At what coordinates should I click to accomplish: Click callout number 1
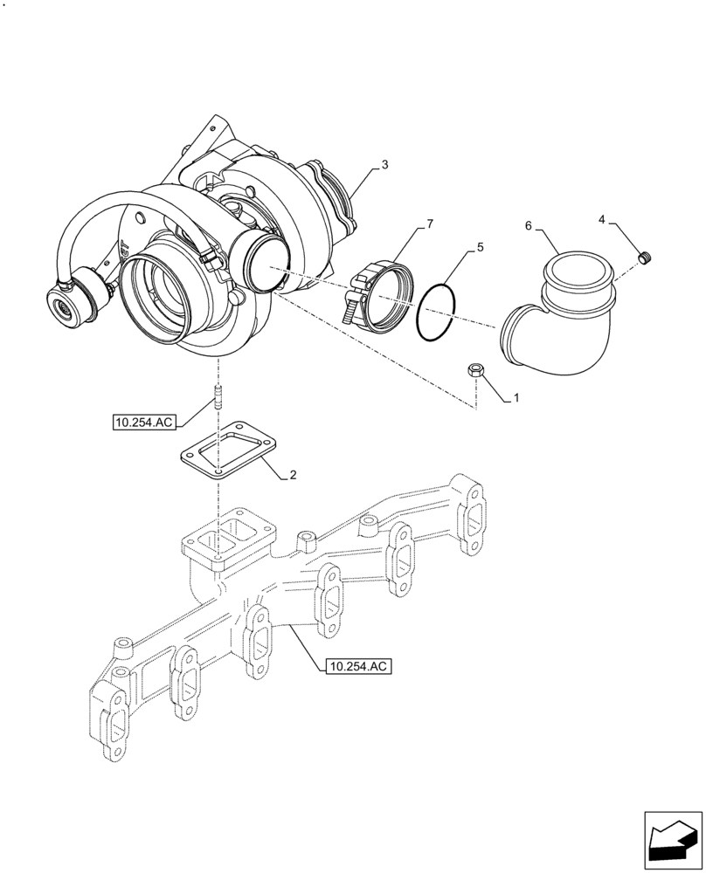tap(516, 398)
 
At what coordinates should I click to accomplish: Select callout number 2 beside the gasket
tap(294, 476)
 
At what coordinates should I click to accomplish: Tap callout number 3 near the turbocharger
tap(385, 164)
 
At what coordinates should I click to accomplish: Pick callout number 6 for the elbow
tap(529, 225)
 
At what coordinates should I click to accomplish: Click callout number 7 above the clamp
tap(429, 225)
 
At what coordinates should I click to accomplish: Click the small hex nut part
tap(476, 370)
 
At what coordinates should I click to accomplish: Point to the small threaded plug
tap(647, 257)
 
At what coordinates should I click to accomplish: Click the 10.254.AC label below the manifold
tap(357, 667)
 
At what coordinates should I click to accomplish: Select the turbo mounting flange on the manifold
tap(229, 533)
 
